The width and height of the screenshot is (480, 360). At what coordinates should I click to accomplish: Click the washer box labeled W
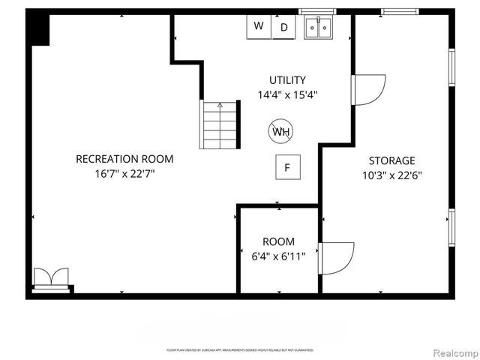pos(259,27)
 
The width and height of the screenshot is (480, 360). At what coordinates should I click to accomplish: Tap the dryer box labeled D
pos(283,28)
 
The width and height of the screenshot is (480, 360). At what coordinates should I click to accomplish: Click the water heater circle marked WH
pos(281,133)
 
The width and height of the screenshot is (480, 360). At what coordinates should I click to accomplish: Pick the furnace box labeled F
pos(286,168)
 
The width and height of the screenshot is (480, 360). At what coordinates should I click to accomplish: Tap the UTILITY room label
pos(287,80)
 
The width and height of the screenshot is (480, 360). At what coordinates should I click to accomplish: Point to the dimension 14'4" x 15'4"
pos(287,95)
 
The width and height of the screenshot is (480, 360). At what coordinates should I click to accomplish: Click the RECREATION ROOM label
pos(124,159)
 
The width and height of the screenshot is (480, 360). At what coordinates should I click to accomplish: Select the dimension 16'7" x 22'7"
pos(124,174)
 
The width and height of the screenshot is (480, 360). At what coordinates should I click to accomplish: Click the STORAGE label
pos(391,160)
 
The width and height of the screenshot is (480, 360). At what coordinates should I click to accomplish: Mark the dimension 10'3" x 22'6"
pos(391,175)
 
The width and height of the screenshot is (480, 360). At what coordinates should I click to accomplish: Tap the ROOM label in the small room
pos(278,241)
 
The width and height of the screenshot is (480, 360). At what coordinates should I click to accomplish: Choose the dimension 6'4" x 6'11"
pos(278,256)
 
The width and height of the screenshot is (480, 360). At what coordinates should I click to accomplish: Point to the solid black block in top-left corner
pos(39,30)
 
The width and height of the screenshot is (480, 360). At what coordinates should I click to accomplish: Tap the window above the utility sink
pos(319,12)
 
